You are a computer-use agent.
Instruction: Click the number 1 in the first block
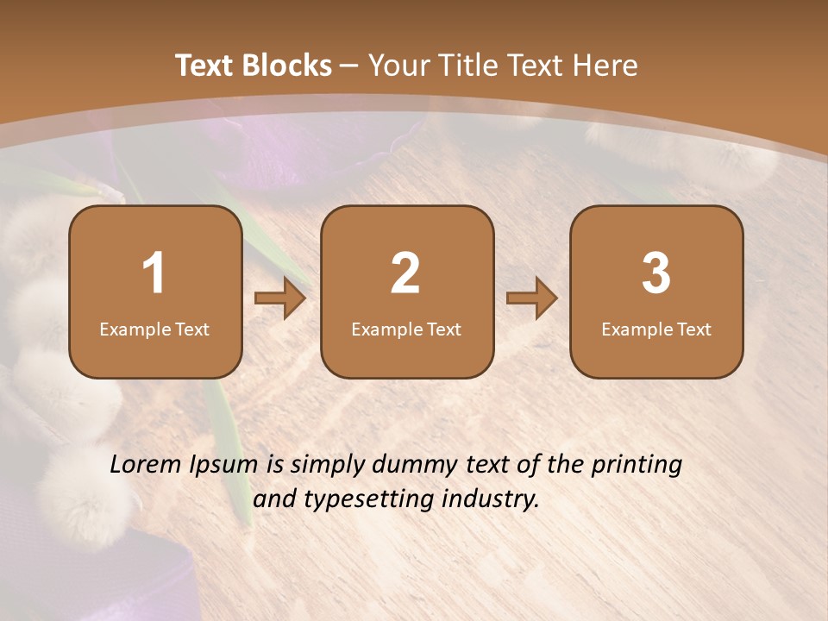tap(154, 273)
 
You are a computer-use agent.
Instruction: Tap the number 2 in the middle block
tap(405, 273)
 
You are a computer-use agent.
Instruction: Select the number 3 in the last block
tap(656, 273)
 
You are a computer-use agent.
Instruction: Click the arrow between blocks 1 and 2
tap(280, 299)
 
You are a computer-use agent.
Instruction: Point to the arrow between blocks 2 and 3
tap(531, 299)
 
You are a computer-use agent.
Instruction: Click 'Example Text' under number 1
tap(154, 329)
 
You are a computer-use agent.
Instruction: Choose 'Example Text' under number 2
tap(406, 329)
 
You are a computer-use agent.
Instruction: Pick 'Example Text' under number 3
tap(656, 329)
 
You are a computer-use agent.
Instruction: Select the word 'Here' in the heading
tap(606, 66)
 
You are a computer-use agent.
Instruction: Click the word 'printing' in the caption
tap(637, 466)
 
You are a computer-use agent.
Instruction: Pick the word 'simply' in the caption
tap(329, 466)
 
